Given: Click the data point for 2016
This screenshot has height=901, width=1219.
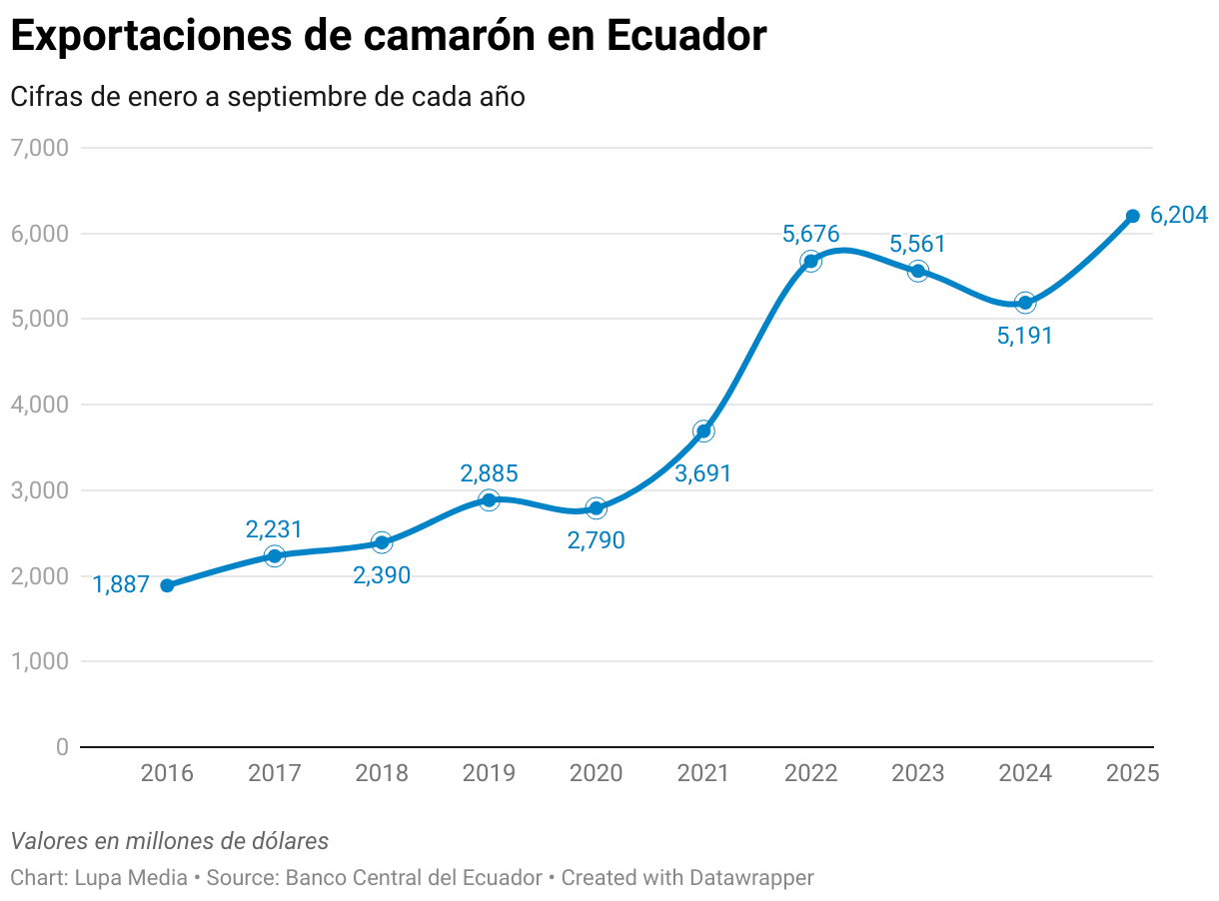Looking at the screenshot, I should [x=167, y=585].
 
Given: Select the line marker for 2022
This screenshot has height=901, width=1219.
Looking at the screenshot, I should [x=810, y=261].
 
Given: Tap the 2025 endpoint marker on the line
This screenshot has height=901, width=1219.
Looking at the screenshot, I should [x=1132, y=216].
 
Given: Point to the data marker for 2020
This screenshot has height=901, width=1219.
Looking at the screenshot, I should [x=597, y=507].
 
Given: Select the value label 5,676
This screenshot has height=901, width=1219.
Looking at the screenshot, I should [x=810, y=235].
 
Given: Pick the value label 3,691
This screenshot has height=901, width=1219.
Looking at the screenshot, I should [x=703, y=474].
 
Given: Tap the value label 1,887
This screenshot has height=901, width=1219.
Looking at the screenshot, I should [x=121, y=585].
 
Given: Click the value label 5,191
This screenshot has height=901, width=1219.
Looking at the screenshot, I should [x=1025, y=336].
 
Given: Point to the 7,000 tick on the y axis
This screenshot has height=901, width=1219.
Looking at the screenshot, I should [x=39, y=148].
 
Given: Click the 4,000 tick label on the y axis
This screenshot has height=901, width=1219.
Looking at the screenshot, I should [x=39, y=405].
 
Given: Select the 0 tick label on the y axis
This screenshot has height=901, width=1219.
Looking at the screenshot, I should [x=62, y=747].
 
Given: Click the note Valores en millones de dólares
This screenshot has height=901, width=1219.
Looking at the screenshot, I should [x=170, y=841].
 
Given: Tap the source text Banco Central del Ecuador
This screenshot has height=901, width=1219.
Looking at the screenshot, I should [x=414, y=878].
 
